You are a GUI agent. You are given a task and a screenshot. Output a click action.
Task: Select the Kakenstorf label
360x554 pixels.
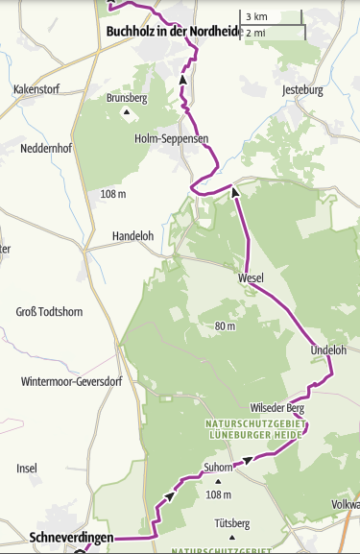[36, 89]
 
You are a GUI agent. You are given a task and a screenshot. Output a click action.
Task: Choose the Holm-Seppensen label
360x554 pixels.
[171, 138]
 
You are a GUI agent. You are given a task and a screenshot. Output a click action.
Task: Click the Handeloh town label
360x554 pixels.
[132, 235]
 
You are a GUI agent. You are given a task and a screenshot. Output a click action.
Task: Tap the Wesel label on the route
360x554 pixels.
[251, 278]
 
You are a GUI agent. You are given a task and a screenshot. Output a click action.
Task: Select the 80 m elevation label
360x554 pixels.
[226, 326]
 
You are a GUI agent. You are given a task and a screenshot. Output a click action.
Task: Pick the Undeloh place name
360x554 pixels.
[328, 350]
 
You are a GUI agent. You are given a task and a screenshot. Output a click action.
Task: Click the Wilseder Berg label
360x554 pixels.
[276, 407]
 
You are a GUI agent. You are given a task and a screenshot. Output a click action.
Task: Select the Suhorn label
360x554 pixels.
[219, 468]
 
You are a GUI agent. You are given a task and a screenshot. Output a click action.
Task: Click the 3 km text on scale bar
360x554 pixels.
[256, 17]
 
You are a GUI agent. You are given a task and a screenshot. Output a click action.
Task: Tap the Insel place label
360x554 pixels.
[27, 468]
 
